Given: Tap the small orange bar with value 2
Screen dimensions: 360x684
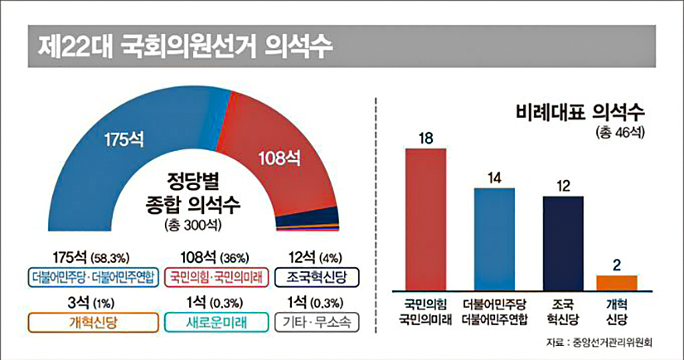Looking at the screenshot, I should [617, 280].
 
